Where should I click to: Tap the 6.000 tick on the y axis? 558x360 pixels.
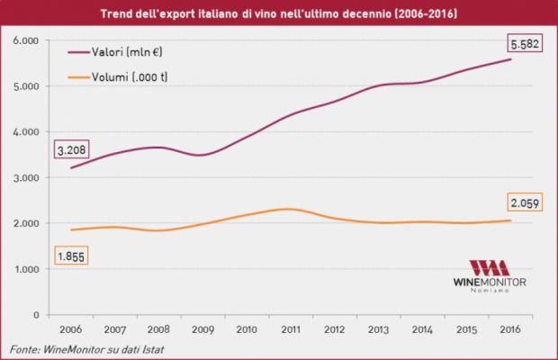pyautogui.click(x=26, y=40)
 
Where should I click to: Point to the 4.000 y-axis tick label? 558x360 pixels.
pyautogui.click(x=26, y=132)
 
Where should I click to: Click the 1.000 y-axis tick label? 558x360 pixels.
pyautogui.click(x=26, y=269)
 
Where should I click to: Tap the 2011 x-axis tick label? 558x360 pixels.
pyautogui.click(x=290, y=329)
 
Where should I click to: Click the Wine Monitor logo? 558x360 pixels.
pyautogui.click(x=490, y=276)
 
